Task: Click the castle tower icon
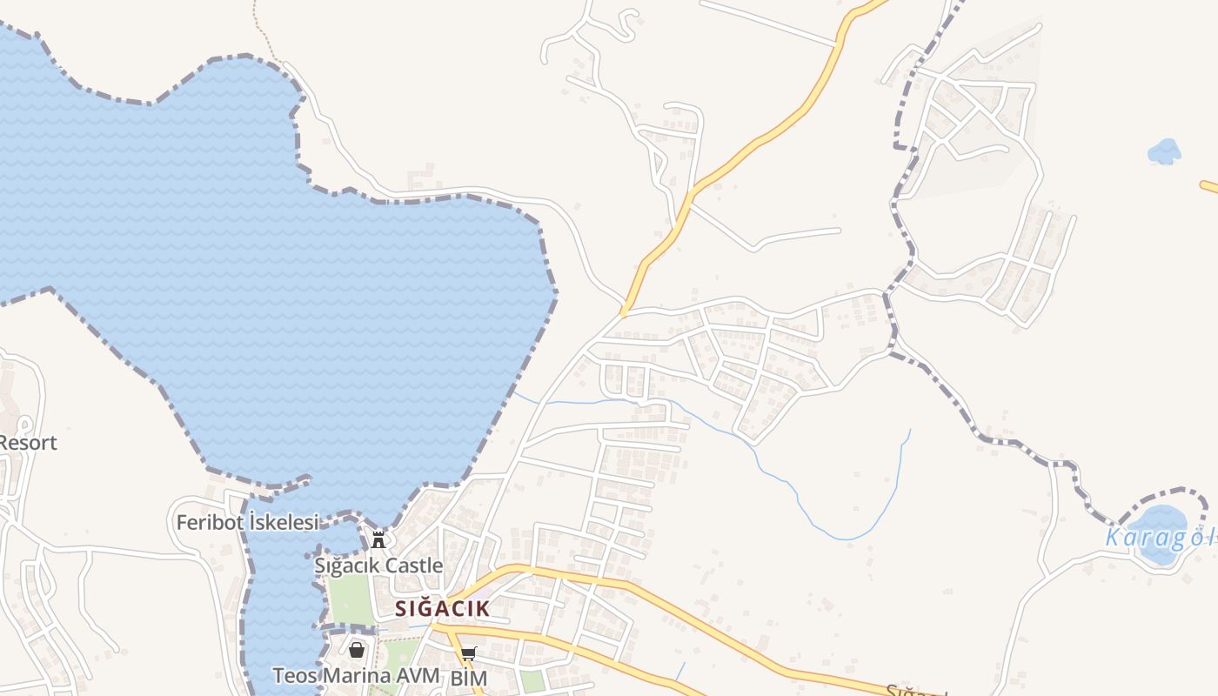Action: [378, 539]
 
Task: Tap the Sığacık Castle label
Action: [378, 565]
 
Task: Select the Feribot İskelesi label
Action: [247, 523]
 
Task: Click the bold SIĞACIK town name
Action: [442, 608]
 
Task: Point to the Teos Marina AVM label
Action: [356, 675]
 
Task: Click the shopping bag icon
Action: [357, 649]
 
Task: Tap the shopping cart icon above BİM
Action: [468, 653]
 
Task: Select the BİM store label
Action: [468, 677]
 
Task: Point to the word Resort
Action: [28, 443]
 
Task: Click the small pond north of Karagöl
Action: [1164, 151]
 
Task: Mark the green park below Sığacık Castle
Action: [350, 600]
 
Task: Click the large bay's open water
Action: [261, 261]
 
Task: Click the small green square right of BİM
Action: [532, 681]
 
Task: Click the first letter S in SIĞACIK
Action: [401, 608]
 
